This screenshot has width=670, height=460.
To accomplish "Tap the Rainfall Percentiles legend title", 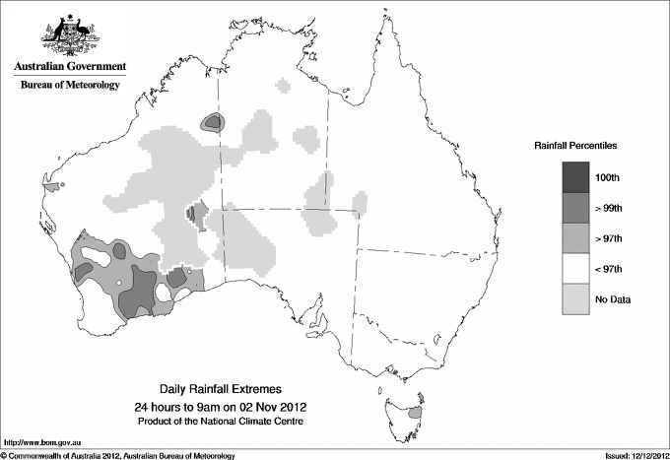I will (575, 146).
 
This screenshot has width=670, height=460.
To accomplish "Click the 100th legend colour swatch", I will (576, 176).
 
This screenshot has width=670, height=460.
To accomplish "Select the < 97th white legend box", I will (576, 268).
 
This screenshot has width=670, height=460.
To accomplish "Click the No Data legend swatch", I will (576, 298).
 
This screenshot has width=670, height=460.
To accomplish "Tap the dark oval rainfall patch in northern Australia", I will (213, 122).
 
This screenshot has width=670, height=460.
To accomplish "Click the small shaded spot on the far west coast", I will (61, 184).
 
